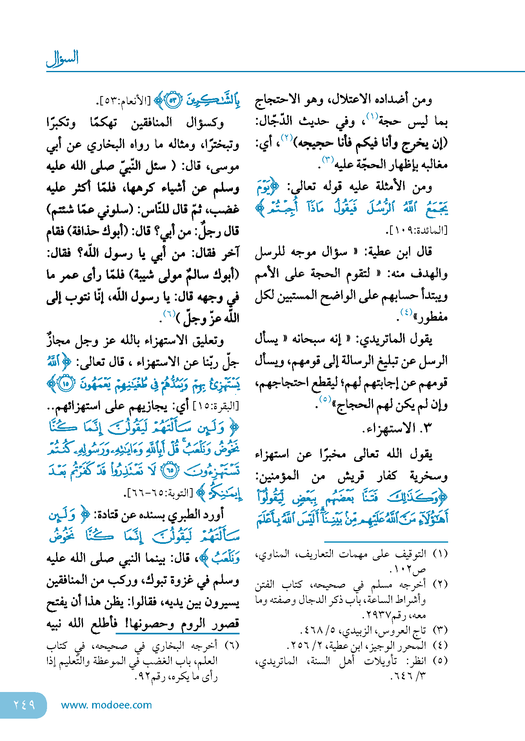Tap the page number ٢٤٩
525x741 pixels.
(x=24, y=705)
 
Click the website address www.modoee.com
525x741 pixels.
(x=106, y=705)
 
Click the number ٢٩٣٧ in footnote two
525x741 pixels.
(x=377, y=616)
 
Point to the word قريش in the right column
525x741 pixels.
(x=351, y=476)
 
